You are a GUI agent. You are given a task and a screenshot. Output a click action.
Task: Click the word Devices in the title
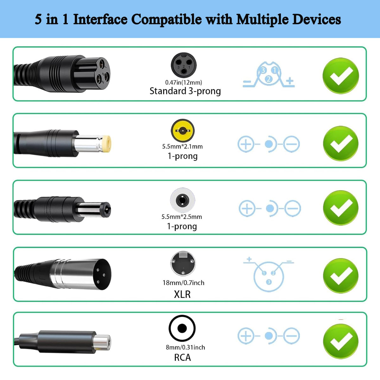pos(316,19)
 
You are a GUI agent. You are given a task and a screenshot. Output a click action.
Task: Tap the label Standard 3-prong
pos(185,91)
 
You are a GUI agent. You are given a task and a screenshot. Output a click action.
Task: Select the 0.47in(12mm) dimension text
pos(184,82)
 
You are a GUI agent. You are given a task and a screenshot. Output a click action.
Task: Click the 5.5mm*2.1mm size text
pos(182,146)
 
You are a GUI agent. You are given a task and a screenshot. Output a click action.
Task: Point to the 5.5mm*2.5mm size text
pos(182,217)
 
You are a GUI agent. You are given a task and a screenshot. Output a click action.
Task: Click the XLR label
pos(182,294)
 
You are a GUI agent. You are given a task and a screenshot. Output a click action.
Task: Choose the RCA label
pos(182,357)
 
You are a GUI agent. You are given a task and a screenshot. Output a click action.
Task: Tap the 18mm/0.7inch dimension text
pos(183,283)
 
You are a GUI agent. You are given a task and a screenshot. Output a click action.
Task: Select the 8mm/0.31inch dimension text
pos(185,347)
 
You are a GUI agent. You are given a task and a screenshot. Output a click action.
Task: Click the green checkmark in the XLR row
pos(341,276)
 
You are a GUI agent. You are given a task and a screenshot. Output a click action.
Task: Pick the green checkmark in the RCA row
pos(341,341)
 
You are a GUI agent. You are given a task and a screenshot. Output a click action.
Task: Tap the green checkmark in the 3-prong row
pos(341,76)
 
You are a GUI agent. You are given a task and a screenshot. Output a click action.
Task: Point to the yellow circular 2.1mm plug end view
pos(183,130)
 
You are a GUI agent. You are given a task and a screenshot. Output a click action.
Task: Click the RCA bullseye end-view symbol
pos(182,328)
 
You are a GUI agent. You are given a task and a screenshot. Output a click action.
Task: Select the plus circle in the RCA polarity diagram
pos(246,336)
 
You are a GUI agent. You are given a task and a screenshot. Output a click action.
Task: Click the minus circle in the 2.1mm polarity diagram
pos(291,144)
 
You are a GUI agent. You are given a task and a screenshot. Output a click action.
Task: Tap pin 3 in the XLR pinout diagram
pos(269,282)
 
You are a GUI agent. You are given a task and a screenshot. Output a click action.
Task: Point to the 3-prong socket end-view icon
pos(184,65)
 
